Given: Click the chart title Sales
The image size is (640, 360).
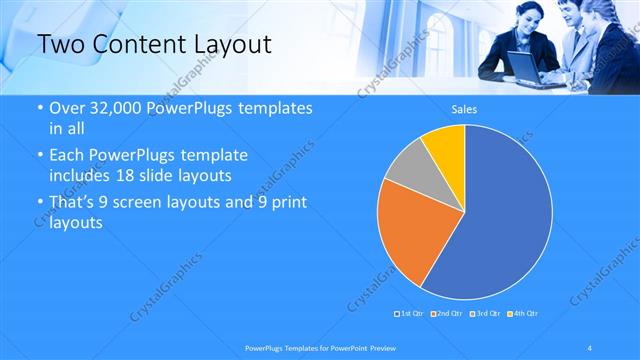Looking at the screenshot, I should point(464,108).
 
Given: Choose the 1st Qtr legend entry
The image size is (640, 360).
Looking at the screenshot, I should point(411,314).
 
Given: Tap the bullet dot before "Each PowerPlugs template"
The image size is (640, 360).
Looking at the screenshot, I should point(39,156).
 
